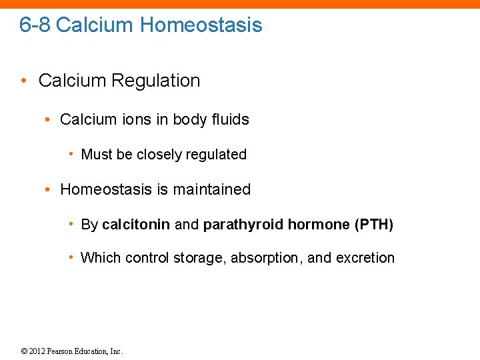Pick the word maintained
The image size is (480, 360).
212,189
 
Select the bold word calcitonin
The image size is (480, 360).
136,225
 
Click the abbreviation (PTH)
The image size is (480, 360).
374,225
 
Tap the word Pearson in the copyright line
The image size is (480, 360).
65,351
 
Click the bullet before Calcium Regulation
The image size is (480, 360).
24,81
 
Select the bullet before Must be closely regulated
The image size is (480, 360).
71,155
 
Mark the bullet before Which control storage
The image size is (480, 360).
71,258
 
